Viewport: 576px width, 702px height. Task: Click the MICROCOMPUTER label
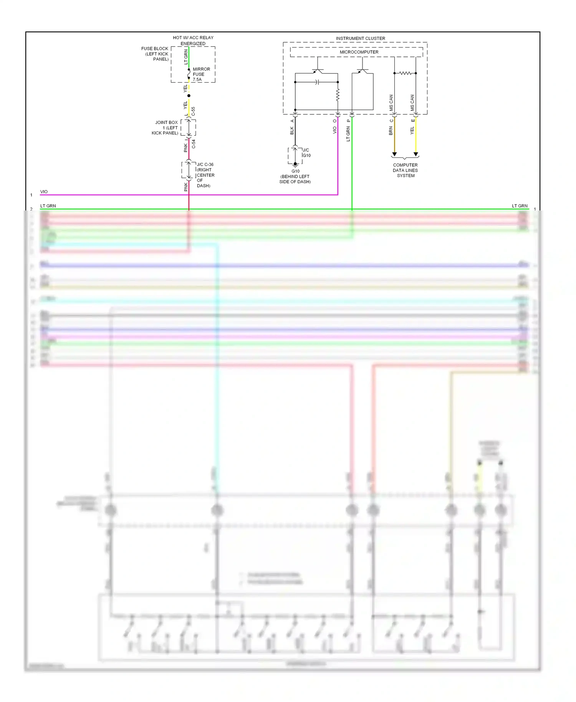pos(359,52)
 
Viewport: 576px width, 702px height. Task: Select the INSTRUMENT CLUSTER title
pos(360,38)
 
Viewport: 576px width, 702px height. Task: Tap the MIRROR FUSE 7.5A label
pos(201,75)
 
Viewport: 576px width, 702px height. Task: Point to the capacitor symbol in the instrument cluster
pos(317,82)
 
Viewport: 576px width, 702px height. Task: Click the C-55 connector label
pos(193,111)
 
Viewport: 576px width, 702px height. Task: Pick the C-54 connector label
pos(194,144)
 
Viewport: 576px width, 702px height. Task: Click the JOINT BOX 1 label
pos(166,128)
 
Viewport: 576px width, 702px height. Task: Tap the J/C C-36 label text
pos(205,164)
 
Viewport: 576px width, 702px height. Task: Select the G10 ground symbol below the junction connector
pos(295,165)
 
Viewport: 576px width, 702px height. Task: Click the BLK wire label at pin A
pos(292,131)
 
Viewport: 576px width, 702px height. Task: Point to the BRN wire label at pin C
pos(391,131)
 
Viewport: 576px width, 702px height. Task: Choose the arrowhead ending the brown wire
pos(394,154)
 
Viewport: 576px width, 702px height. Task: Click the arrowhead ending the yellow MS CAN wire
pos(415,154)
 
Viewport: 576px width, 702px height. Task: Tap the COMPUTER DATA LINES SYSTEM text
pos(405,171)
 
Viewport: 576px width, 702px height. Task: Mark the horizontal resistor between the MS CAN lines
pos(405,73)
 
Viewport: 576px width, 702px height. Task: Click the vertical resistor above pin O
pos(338,95)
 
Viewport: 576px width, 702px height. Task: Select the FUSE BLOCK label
pos(155,54)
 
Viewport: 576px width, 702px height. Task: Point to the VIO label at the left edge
pos(44,192)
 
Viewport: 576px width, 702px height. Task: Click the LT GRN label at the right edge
pos(520,206)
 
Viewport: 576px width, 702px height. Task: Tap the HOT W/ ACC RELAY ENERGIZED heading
pos(193,40)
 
